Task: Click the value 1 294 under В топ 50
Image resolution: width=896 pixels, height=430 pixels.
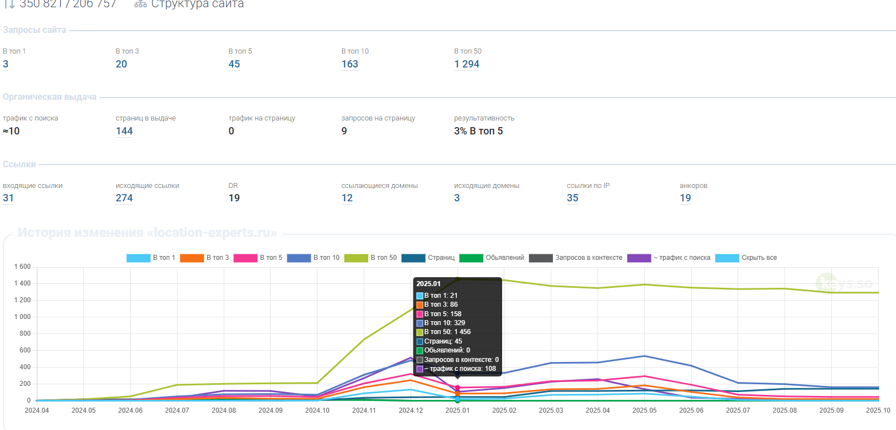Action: [466, 64]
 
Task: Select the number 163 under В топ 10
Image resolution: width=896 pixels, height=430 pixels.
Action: [350, 64]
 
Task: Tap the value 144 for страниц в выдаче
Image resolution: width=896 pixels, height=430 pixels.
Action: [124, 131]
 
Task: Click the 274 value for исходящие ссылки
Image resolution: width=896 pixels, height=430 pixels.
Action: [124, 198]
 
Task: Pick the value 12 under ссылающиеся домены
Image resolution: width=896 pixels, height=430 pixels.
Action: [347, 198]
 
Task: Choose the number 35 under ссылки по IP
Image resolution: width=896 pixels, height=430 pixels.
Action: [572, 198]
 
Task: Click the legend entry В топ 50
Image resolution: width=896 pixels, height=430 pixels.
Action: [370, 258]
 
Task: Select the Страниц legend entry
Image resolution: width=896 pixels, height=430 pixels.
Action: [428, 258]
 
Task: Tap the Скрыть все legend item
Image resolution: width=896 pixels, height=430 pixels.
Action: [746, 258]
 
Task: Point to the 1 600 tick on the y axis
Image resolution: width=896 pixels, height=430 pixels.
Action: [22, 267]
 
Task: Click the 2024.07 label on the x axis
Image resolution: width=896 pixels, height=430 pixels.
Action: [177, 410]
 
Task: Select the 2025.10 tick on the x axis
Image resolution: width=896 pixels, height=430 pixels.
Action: [878, 410]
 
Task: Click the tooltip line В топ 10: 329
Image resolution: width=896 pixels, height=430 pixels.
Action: [444, 323]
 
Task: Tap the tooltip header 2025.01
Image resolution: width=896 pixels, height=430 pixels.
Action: [428, 284]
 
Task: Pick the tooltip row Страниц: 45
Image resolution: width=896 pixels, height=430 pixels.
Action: [442, 341]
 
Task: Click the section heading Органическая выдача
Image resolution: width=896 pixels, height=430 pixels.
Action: [50, 97]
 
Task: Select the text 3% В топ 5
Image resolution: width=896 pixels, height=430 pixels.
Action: [478, 131]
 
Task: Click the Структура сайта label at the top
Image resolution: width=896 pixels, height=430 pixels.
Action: [197, 4]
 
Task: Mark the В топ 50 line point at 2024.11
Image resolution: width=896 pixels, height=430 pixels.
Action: [364, 339]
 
